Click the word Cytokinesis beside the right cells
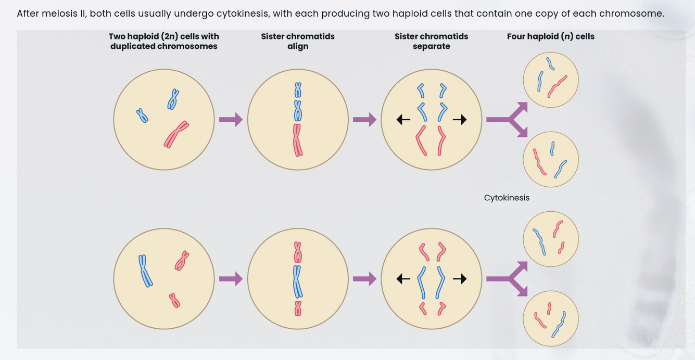pyautogui.click(x=507, y=198)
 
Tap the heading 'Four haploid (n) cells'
pyautogui.click(x=550, y=36)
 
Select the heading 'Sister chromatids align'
pyautogui.click(x=298, y=41)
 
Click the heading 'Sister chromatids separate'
pyautogui.click(x=431, y=41)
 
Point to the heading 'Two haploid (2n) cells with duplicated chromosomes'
pyautogui.click(x=163, y=41)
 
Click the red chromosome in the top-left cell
pyautogui.click(x=175, y=135)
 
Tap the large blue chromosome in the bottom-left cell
pyautogui.click(x=145, y=271)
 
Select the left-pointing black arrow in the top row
pyautogui.click(x=403, y=120)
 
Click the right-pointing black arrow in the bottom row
pyautogui.click(x=459, y=279)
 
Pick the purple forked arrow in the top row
pyautogui.click(x=508, y=120)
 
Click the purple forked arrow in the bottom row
pyautogui.click(x=508, y=279)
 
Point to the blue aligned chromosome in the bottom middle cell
pyautogui.click(x=297, y=281)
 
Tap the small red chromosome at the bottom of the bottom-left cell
pyautogui.click(x=174, y=301)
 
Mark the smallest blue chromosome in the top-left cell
pyautogui.click(x=142, y=115)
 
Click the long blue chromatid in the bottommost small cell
pyautogui.click(x=559, y=325)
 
